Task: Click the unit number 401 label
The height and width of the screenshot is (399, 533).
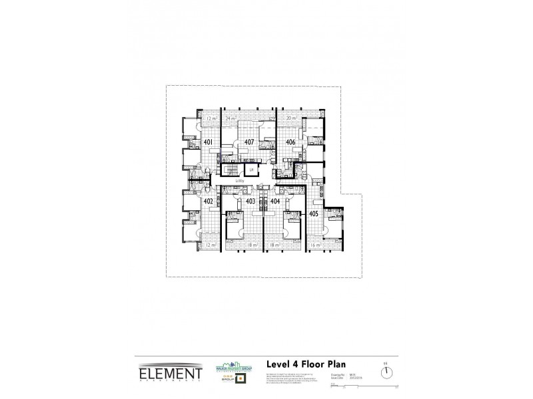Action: click(x=208, y=142)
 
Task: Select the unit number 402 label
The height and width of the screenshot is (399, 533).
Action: click(x=208, y=201)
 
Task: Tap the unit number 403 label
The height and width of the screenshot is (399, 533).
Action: click(x=251, y=200)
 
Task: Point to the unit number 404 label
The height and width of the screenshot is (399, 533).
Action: click(x=274, y=200)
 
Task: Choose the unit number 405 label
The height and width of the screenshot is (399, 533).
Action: click(x=314, y=213)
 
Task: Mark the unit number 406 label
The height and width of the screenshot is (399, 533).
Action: click(x=290, y=142)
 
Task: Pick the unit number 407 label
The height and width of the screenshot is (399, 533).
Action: click(x=249, y=142)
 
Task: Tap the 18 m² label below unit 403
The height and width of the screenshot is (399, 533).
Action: click(x=251, y=245)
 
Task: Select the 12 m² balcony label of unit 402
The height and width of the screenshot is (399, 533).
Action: click(x=211, y=245)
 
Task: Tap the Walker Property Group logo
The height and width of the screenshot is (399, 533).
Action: click(x=228, y=365)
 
